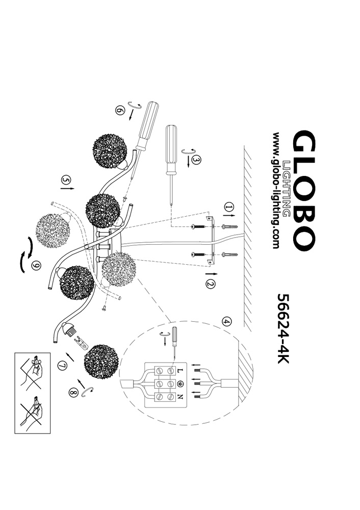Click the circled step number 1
228,207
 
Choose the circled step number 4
226,321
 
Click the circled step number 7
62,365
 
